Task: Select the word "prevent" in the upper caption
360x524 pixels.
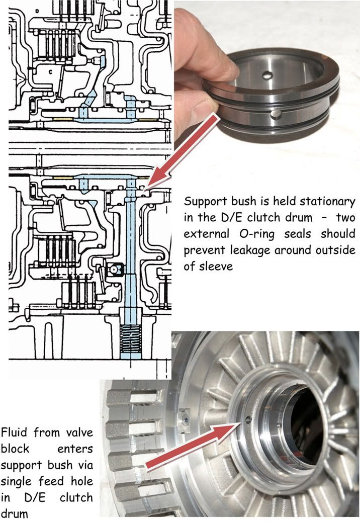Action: click(x=204, y=251)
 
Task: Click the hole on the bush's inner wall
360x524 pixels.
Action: click(x=266, y=77)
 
